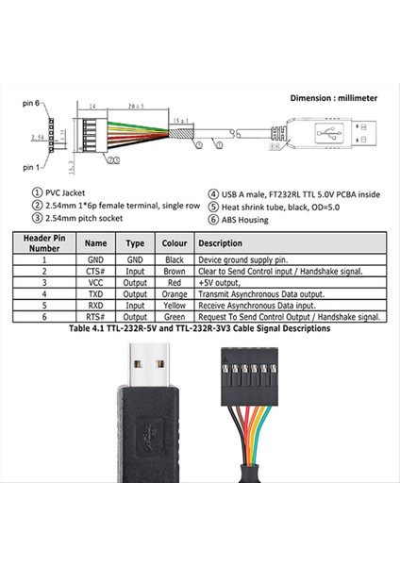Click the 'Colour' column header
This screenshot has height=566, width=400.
tap(176, 243)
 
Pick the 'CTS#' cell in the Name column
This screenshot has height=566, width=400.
tap(95, 269)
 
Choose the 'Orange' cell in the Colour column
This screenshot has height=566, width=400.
tap(176, 292)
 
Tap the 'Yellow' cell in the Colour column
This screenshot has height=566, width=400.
tap(176, 305)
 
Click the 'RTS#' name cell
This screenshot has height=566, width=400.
tap(95, 317)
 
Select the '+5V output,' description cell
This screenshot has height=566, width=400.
tap(223, 281)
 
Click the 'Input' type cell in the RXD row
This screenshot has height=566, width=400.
tap(135, 305)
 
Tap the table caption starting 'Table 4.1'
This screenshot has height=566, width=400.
tap(200, 330)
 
